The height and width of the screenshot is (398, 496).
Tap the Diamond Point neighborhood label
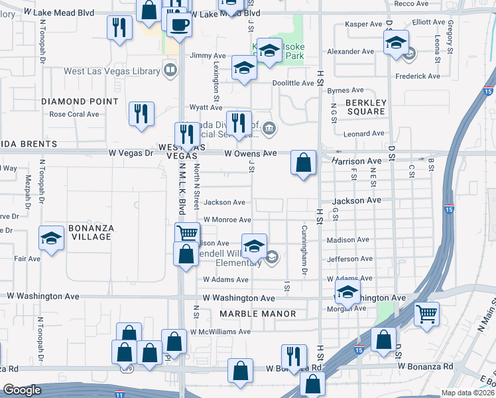pyautogui.click(x=80, y=101)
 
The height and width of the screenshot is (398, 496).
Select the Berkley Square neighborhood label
pyautogui.click(x=365, y=107)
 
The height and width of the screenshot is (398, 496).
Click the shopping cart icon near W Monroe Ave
pyautogui.click(x=188, y=233)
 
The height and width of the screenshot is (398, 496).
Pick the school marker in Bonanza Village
pyautogui.click(x=51, y=238)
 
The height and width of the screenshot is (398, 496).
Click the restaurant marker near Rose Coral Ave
pyautogui.click(x=141, y=113)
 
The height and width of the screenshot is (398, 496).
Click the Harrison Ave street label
pyautogui.click(x=357, y=161)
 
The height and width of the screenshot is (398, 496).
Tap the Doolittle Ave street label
pyautogui.click(x=293, y=83)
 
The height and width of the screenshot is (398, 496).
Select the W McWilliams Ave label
pyautogui.click(x=220, y=332)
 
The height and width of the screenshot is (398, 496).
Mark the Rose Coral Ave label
pyautogui.click(x=74, y=114)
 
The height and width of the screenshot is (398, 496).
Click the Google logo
pyautogui.click(x=21, y=391)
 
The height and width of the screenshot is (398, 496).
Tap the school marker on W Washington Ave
pyautogui.click(x=348, y=291)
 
